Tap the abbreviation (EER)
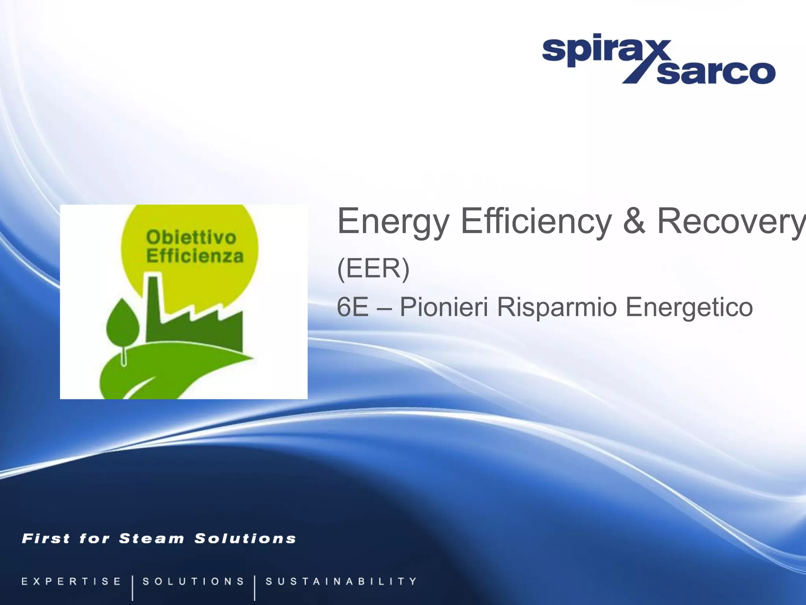click(373, 269)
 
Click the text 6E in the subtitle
click(353, 307)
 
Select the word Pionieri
click(444, 307)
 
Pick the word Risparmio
click(556, 308)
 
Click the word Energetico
click(689, 308)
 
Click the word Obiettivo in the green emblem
click(191, 238)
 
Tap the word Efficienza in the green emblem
click(195, 256)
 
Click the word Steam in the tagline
click(152, 538)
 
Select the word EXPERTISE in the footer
click(71, 581)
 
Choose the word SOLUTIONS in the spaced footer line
click(193, 581)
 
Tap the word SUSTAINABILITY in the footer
click(341, 581)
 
